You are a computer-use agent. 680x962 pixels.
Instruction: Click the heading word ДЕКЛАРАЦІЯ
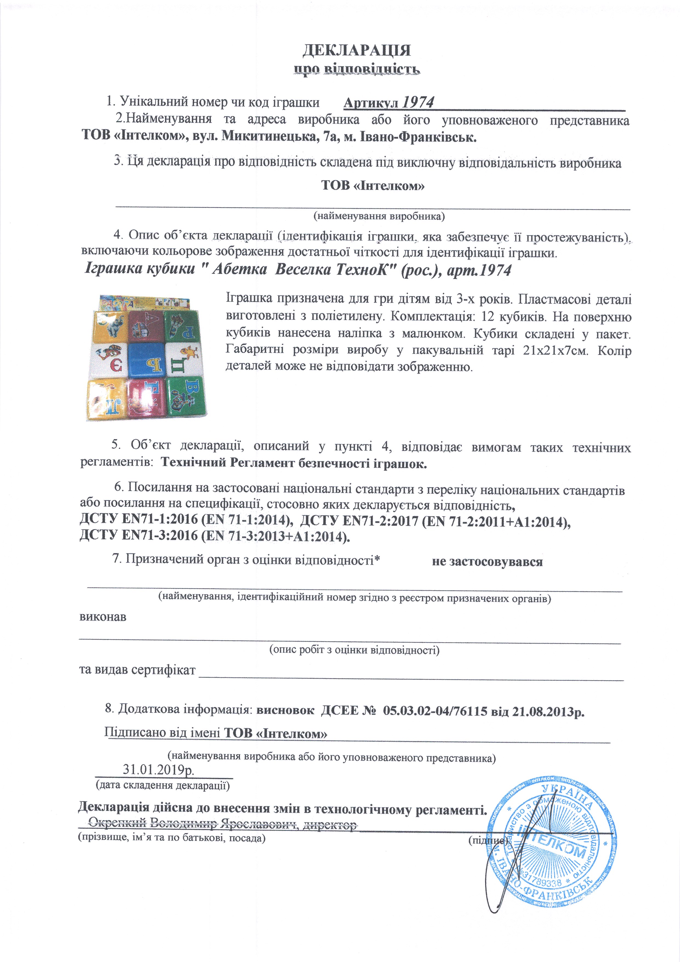click(356, 50)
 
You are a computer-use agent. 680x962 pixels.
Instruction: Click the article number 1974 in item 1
click(418, 102)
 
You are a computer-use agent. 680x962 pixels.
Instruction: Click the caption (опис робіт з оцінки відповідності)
click(354, 650)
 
